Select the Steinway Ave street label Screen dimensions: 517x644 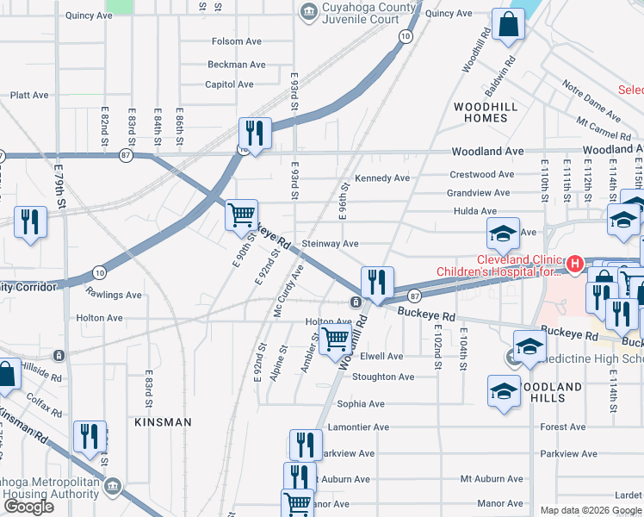330,244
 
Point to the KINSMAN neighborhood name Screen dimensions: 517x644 163,422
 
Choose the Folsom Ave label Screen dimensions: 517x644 236,41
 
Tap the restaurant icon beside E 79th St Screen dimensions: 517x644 30,222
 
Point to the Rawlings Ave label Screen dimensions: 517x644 114,295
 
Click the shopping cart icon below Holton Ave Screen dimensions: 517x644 334,340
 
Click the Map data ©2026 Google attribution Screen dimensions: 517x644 590,510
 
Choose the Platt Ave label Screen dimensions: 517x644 28,96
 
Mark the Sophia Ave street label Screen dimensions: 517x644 361,403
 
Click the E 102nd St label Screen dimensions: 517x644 437,347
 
